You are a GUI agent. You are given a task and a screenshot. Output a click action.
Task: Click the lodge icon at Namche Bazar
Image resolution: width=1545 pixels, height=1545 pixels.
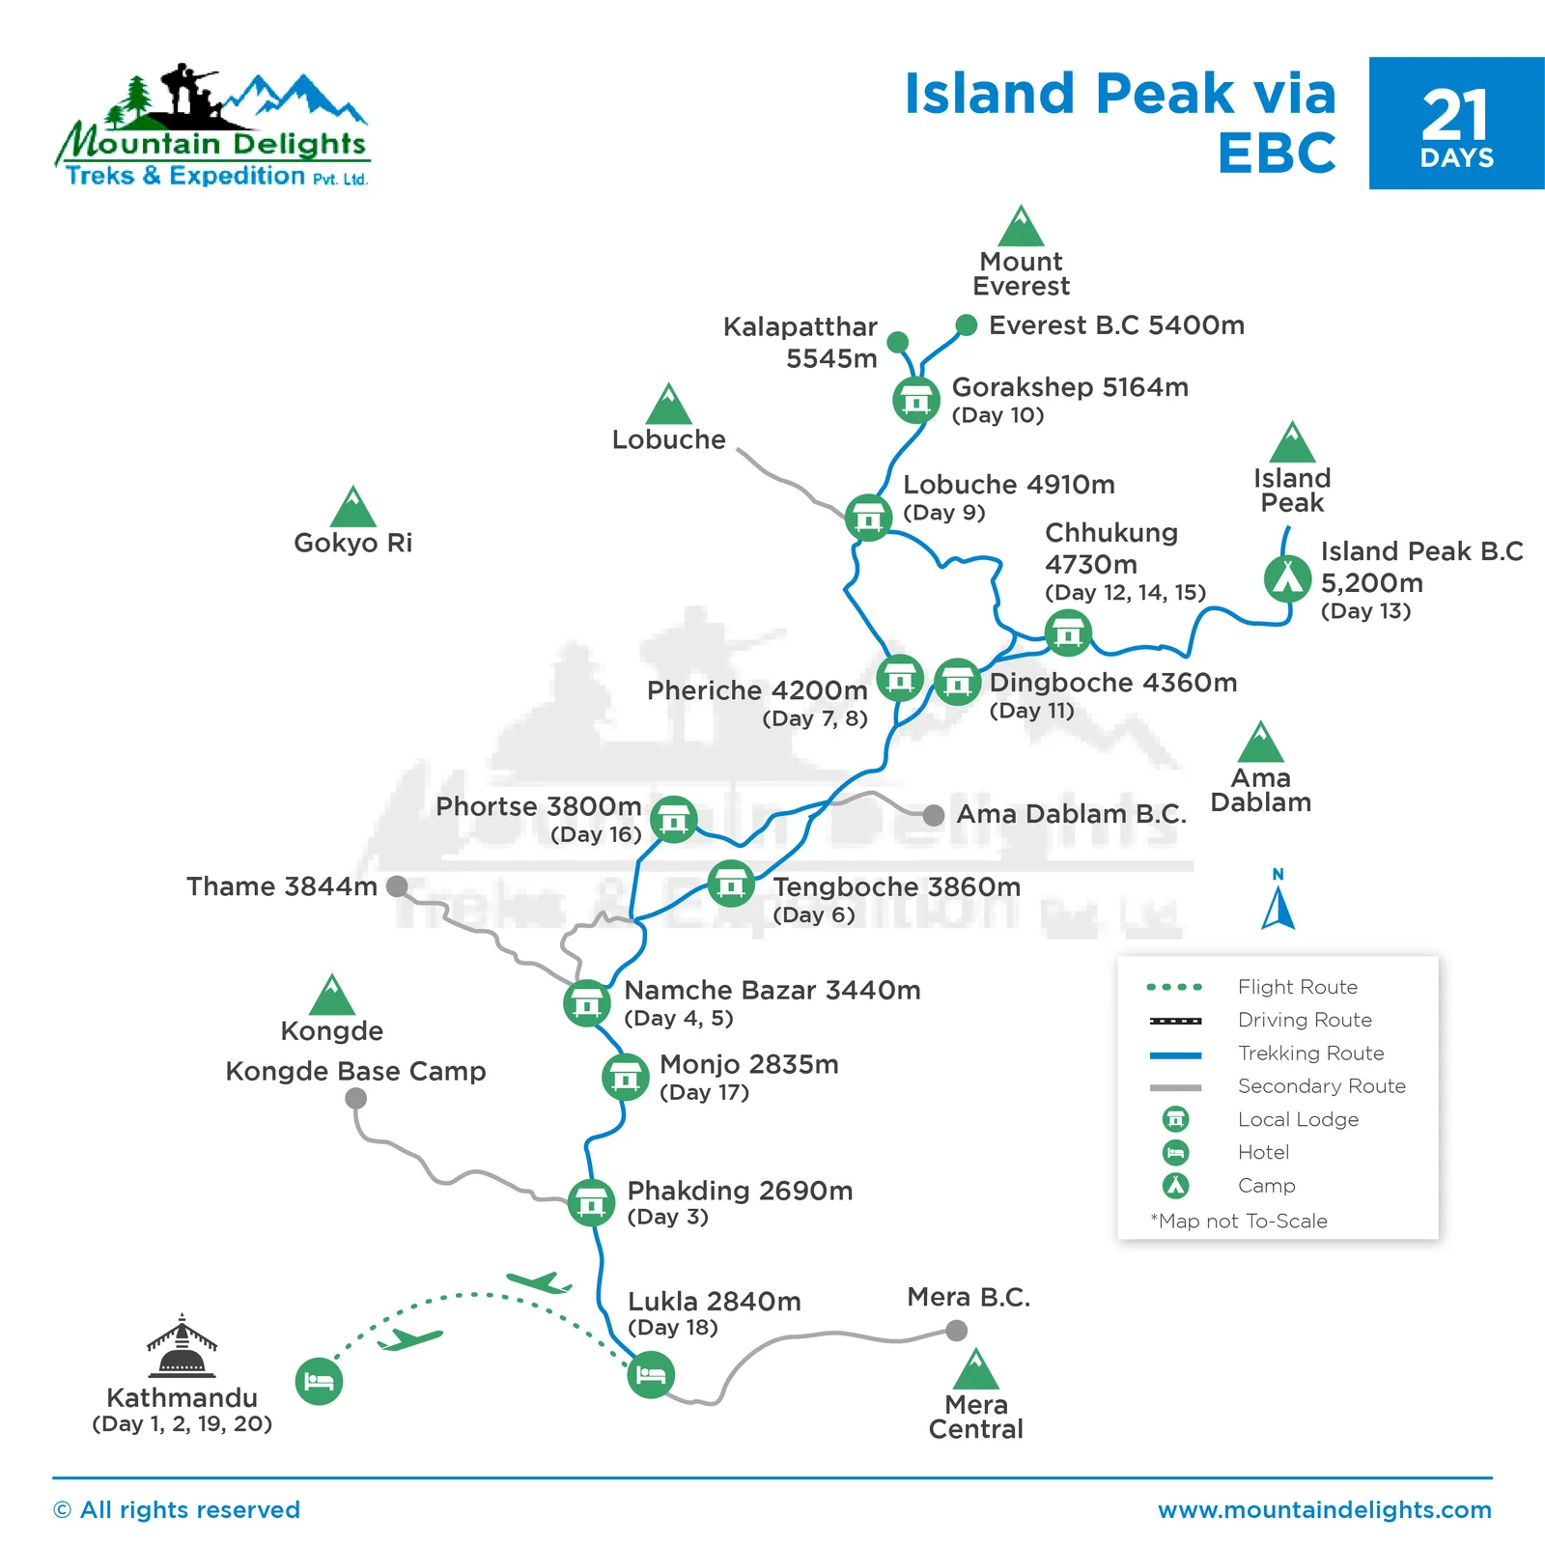(586, 1003)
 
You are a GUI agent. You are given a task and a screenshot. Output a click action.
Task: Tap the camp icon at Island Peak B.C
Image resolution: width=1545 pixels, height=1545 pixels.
(1287, 578)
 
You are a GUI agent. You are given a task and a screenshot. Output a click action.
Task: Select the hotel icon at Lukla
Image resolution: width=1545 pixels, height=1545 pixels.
(651, 1374)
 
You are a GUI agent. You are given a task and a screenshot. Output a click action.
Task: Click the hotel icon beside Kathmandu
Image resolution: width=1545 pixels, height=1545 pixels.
(319, 1381)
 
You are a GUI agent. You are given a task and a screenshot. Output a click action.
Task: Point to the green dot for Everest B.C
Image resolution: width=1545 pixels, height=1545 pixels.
(966, 324)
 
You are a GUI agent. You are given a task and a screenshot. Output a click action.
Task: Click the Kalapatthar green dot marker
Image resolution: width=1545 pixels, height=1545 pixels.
(897, 342)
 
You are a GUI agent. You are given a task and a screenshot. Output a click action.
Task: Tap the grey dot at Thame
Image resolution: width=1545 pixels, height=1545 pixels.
(397, 886)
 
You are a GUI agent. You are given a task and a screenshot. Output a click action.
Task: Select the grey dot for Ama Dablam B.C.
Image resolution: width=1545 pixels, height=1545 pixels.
(933, 815)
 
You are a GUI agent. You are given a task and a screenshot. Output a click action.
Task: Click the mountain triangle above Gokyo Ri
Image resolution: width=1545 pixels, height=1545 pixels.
(353, 507)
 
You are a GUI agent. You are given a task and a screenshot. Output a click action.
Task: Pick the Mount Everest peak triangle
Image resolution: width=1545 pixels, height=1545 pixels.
(1021, 227)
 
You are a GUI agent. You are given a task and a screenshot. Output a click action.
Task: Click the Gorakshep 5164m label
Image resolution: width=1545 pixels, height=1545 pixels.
(1070, 387)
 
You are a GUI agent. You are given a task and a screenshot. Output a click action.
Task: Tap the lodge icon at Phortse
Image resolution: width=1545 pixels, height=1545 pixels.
(673, 820)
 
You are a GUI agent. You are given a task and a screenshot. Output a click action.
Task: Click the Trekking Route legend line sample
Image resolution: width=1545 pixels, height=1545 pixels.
(1175, 1054)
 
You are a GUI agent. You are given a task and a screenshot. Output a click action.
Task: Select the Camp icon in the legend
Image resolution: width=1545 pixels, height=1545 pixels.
(1175, 1186)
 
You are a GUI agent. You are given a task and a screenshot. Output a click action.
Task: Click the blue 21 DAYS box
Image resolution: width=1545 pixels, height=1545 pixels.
(1456, 124)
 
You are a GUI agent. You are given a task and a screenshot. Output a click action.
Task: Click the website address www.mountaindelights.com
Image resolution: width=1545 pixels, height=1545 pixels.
(1324, 1509)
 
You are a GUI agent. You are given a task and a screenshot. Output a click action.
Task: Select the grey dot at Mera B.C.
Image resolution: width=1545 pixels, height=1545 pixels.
(956, 1331)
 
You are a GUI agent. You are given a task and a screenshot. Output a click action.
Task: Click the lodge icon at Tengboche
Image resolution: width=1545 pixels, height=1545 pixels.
(731, 884)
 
